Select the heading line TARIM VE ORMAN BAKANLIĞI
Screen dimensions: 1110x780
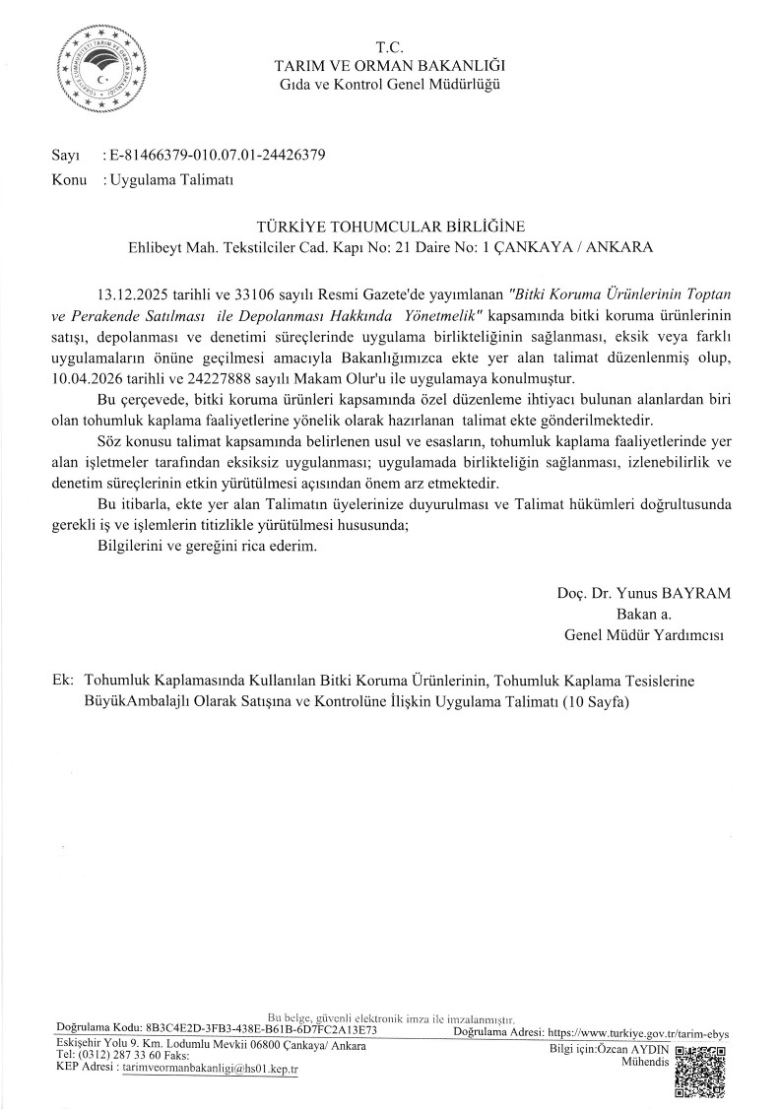coord(389,66)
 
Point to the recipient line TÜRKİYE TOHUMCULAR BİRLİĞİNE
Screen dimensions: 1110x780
coord(389,226)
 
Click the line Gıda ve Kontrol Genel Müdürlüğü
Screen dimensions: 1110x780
coord(389,85)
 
